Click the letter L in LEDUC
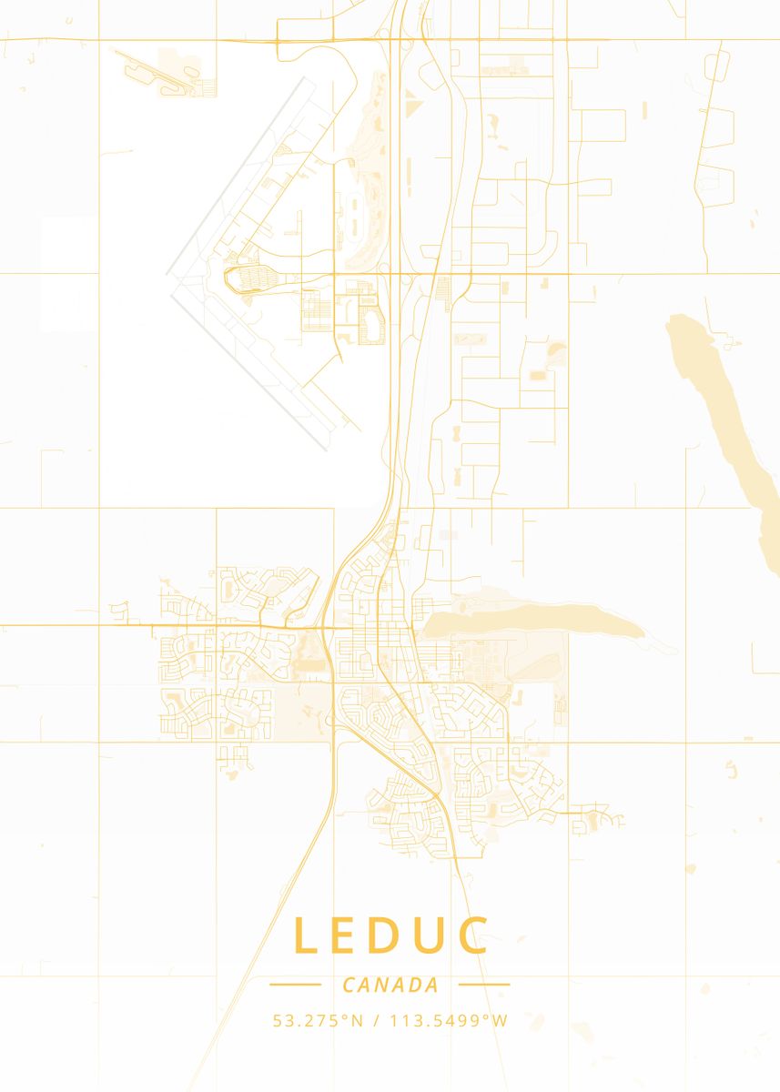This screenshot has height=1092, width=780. [x=306, y=935]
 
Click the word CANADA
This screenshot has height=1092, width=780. [x=390, y=985]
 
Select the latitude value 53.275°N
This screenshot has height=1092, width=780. [x=318, y=1021]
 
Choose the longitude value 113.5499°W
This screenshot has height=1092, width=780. [x=449, y=1021]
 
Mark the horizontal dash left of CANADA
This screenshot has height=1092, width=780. [x=296, y=984]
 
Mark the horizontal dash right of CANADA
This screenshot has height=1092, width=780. [x=484, y=984]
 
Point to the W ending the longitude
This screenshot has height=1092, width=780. [x=500, y=1021]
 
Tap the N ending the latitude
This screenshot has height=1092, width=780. [x=357, y=1021]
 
